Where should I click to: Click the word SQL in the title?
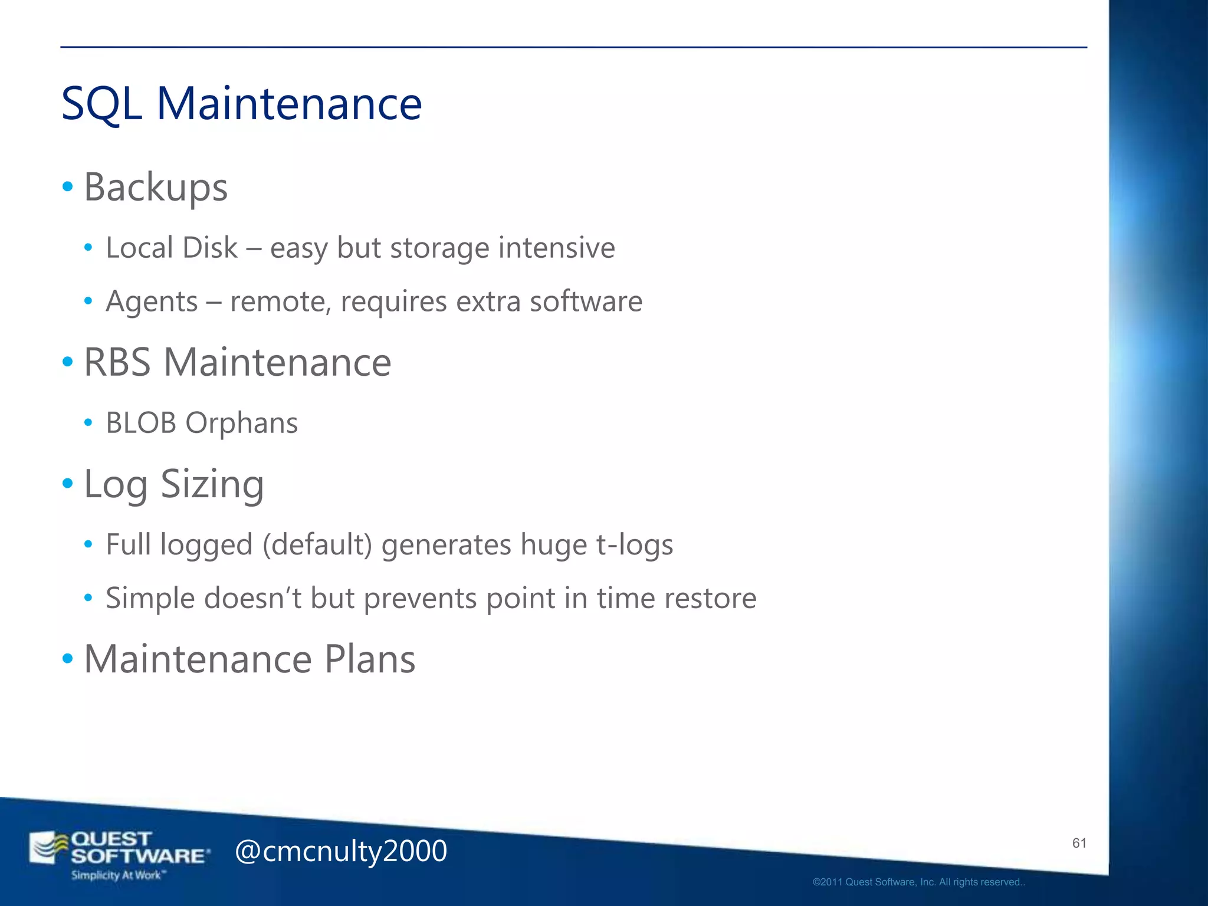click(101, 104)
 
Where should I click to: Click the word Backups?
click(156, 188)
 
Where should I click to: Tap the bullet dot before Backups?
click(68, 187)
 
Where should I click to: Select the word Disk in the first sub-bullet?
click(210, 248)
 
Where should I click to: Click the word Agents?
click(152, 302)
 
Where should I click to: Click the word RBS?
click(117, 362)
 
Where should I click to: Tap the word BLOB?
click(141, 423)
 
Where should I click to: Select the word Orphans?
click(241, 423)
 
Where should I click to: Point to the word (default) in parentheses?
click(317, 544)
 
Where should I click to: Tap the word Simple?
click(150, 598)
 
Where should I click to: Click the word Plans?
click(370, 659)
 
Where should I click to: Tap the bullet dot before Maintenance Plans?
click(68, 658)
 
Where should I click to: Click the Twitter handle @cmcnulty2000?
click(341, 851)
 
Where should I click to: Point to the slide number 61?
click(1079, 843)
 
